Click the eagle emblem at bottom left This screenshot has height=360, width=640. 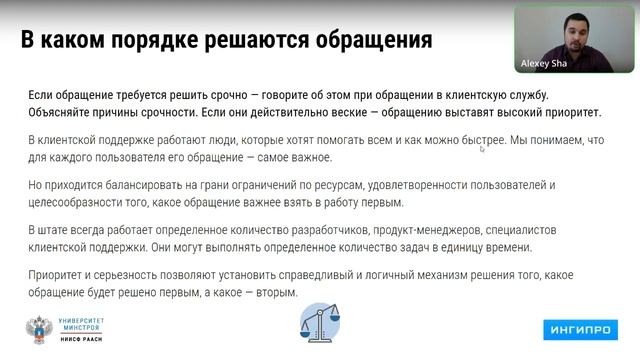pos(41,329)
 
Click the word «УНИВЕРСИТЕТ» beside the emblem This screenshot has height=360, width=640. pos(90,319)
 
